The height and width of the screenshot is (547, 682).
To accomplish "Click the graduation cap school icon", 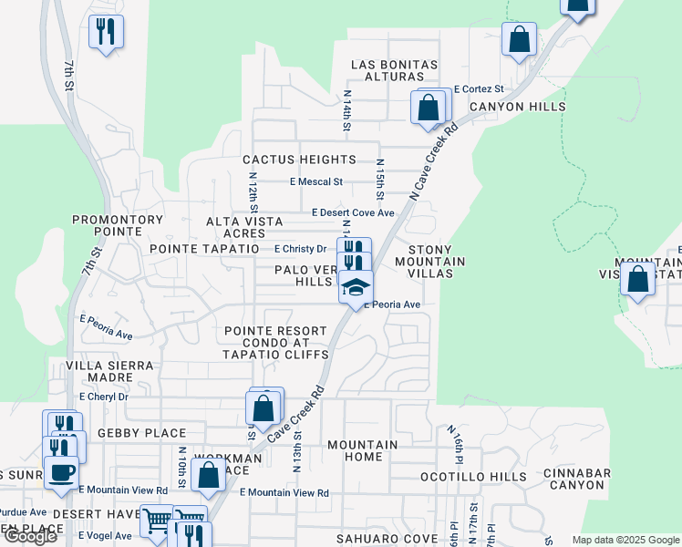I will coord(356,289).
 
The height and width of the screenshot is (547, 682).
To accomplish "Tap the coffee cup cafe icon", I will coord(61,473).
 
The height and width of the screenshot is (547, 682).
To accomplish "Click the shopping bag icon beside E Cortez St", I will coord(429,108).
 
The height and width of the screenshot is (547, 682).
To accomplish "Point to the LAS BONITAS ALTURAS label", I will coord(395,72).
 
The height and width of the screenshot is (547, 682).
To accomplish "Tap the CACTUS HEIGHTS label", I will coord(299,160).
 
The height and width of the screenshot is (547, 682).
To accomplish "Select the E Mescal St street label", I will coord(315,181).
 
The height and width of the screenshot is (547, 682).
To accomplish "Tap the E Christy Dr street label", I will coord(300,249).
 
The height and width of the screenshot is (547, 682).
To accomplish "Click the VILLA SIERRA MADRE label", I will coord(114,372).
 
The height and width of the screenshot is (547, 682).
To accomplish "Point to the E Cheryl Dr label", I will coord(103,397).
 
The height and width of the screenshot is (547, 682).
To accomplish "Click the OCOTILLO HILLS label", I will coord(473,477).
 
